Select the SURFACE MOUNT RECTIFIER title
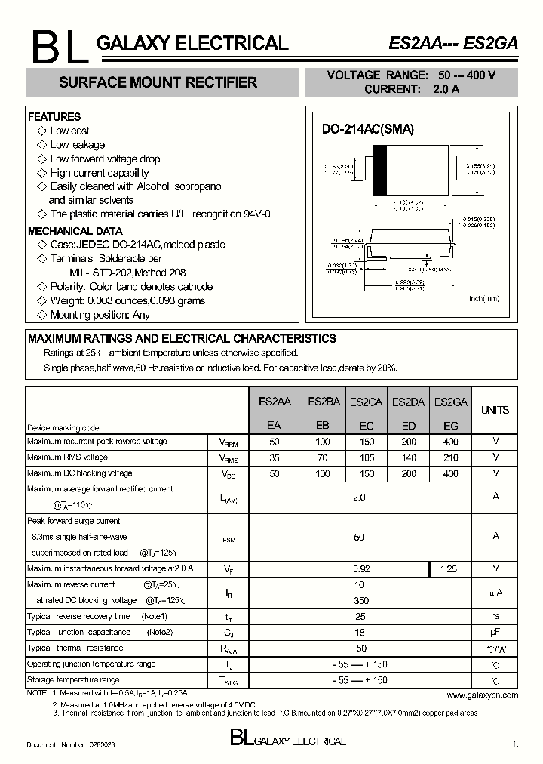158,82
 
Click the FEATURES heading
54,117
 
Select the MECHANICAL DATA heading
75,231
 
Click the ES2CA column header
366,402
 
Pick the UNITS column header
495,410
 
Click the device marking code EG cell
451,426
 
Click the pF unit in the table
495,633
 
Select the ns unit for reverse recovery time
495,617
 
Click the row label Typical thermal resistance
75,648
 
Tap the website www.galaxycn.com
482,695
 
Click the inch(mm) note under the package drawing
484,299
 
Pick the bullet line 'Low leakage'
77,145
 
